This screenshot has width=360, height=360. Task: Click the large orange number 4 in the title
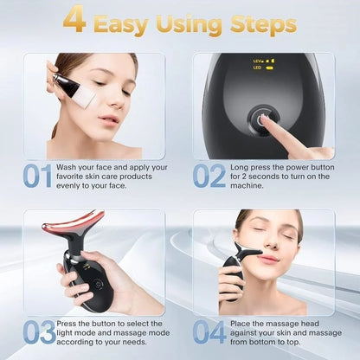pos(76,20)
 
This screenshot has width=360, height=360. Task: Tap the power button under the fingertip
pos(259,121)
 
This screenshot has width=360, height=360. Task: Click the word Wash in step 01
pos(71,167)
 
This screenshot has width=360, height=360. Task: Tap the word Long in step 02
pos(241,167)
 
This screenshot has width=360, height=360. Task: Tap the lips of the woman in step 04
pos(267,257)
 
